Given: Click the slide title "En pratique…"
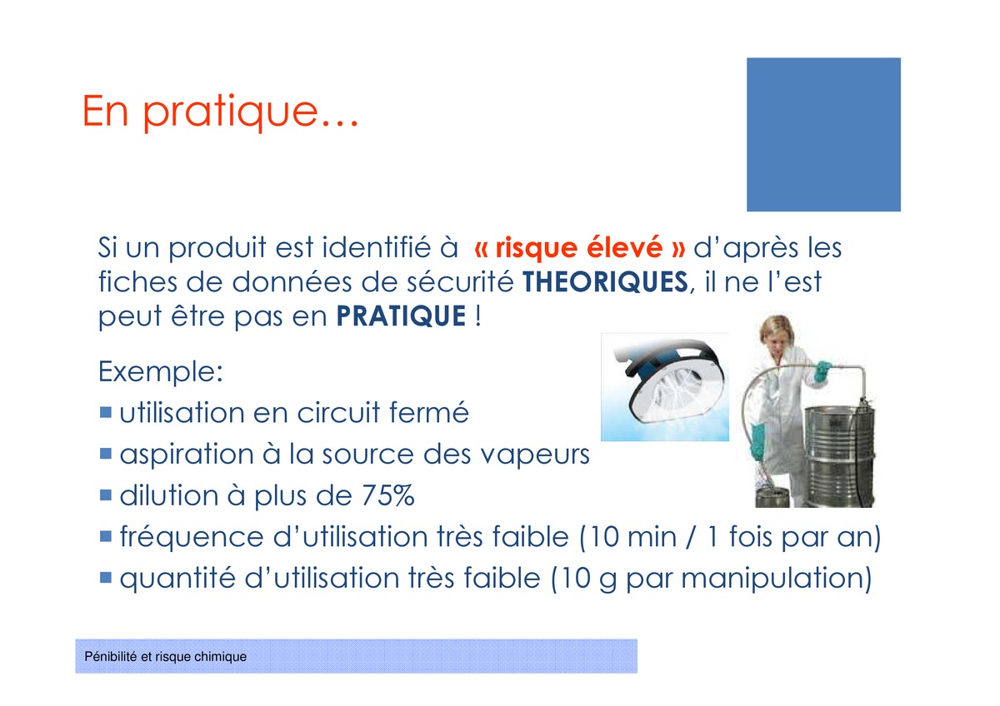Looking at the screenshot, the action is point(221,112).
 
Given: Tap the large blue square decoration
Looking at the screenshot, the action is point(823,134).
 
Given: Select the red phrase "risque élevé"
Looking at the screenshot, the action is point(579,247).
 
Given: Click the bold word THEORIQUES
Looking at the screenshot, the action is point(605,282).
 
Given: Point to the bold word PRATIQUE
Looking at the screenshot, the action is point(401,316).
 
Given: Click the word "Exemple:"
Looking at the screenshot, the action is point(160,371).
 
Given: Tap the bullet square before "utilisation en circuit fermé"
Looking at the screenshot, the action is point(106,411).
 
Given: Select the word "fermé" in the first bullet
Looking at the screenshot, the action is point(428,411).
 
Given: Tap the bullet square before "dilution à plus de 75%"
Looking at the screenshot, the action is point(106,495).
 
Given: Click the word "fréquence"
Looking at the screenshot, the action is point(192,537).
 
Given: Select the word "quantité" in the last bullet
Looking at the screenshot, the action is point(177,579).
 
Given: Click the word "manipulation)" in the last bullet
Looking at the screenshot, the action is point(777,579).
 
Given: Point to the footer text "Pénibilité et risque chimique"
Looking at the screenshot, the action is point(165,657).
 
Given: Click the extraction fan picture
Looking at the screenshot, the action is point(665,387).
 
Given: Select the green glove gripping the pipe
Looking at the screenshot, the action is point(822,371).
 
